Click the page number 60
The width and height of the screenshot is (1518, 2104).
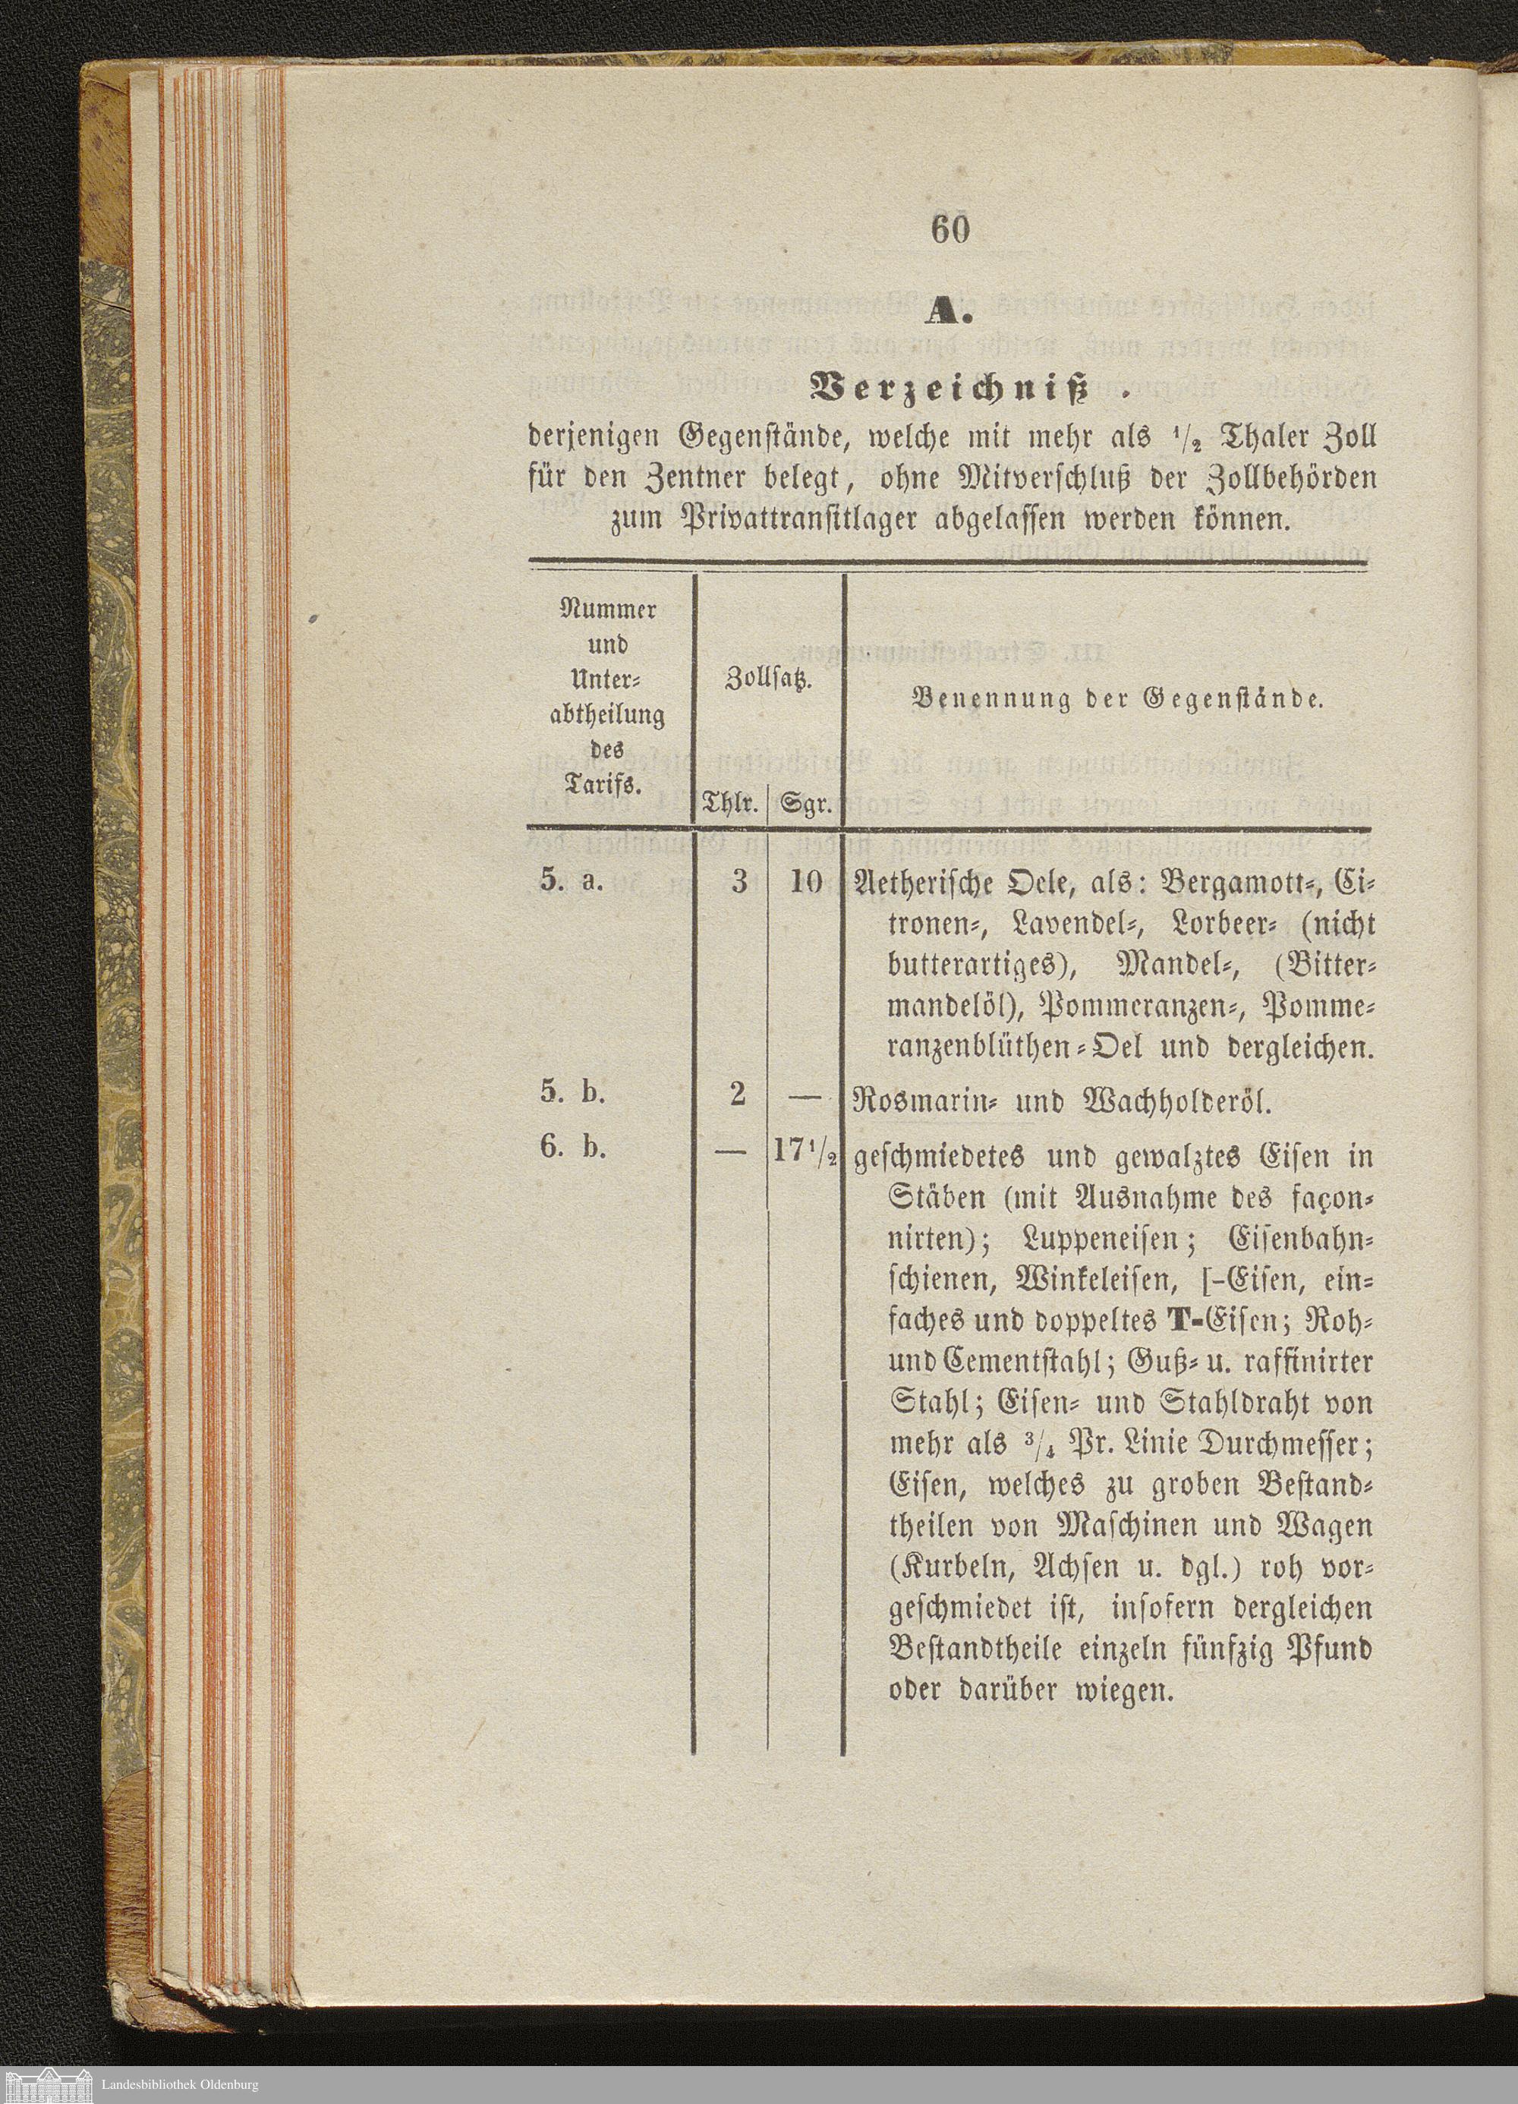click(950, 229)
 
